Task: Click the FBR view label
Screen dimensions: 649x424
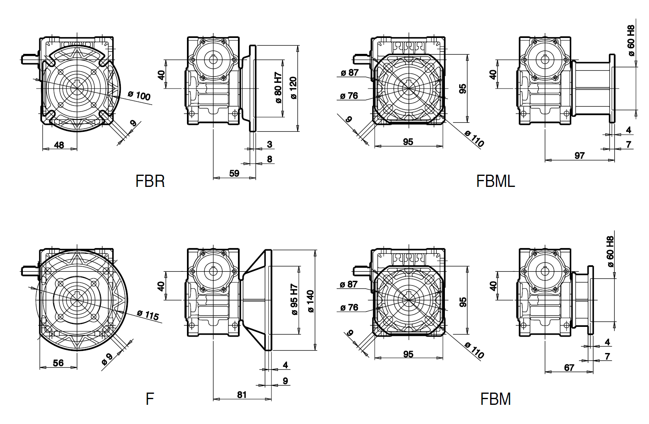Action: [x=150, y=181]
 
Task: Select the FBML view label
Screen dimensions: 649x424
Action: [x=496, y=181]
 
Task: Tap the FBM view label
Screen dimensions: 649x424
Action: [x=496, y=399]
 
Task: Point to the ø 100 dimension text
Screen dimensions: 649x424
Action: [x=139, y=95]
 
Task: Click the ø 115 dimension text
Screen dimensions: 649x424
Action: [x=148, y=315]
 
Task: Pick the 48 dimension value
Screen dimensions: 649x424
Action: [x=59, y=145]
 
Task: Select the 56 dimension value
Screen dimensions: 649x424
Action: [x=58, y=363]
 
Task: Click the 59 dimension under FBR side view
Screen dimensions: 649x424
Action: [x=234, y=173]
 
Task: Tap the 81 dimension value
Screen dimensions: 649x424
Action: [x=242, y=395]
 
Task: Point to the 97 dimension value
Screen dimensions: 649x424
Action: [x=580, y=155]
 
